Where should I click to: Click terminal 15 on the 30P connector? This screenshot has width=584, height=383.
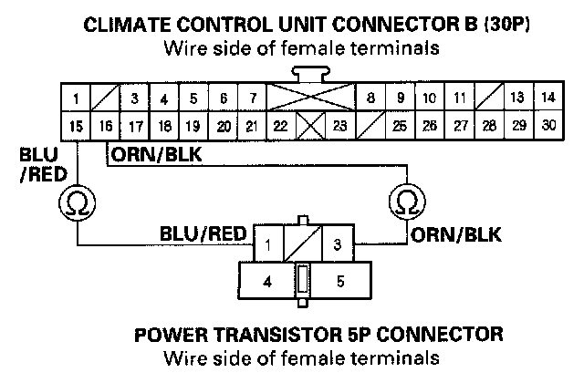tap(77, 125)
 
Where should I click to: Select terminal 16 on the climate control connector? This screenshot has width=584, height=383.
tap(107, 125)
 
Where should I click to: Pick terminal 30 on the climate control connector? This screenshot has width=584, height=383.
tap(547, 125)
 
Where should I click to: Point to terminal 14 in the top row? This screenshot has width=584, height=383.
tap(547, 96)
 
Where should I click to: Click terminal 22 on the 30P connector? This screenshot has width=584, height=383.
tap(283, 125)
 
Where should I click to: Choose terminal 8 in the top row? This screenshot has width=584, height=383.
tap(370, 96)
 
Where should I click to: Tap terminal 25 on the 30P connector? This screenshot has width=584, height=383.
tap(399, 125)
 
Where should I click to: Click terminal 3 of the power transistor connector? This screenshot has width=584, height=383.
tap(338, 243)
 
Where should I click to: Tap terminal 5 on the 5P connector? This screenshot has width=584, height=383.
tap(339, 282)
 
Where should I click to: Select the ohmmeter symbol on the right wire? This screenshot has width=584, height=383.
tap(405, 200)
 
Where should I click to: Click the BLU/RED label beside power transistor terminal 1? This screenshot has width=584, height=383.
tap(203, 233)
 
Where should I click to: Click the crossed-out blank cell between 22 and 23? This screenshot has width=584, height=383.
tap(312, 125)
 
